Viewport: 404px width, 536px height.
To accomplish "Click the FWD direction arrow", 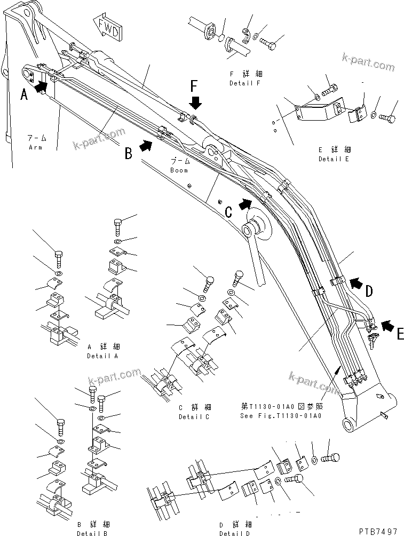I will click(x=108, y=28).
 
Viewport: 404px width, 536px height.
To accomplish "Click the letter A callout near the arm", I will click(x=24, y=95).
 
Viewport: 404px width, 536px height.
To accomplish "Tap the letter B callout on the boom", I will click(x=129, y=154).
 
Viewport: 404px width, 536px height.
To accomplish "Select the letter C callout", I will click(x=228, y=212).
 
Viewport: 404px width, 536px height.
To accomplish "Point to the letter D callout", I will click(x=369, y=291).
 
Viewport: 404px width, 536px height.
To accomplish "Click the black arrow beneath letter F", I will click(x=195, y=102).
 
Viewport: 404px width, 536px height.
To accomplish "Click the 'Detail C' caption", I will click(x=194, y=417).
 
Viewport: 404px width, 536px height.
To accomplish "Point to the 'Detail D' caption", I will click(x=236, y=533).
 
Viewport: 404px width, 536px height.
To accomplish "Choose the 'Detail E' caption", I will click(x=335, y=159).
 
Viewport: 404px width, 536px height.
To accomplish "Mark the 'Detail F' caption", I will click(x=245, y=83).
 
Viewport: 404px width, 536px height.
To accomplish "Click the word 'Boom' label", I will click(x=179, y=170).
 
